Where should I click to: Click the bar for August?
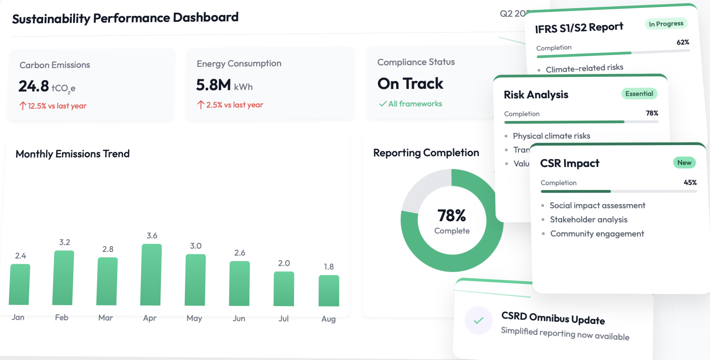point(329,291)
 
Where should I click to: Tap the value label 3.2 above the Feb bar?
point(64,242)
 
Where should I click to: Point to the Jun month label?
point(239,318)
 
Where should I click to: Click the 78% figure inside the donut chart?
point(452,216)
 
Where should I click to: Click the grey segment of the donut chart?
point(423,188)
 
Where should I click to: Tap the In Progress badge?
point(666,24)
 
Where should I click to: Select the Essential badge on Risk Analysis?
point(639,94)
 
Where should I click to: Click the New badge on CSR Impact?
point(684,163)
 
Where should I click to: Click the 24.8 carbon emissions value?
point(34,86)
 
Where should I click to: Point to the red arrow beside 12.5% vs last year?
point(22,106)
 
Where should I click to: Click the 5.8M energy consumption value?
point(213,85)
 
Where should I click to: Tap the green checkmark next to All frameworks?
point(383,104)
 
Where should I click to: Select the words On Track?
point(410,84)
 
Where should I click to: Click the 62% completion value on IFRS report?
point(683,42)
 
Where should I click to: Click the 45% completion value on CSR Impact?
point(690,182)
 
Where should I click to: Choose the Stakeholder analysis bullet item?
point(588,220)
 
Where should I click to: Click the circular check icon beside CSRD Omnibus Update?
point(479,320)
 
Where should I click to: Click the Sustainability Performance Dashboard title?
point(125,18)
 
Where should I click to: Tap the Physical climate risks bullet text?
point(551,136)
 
